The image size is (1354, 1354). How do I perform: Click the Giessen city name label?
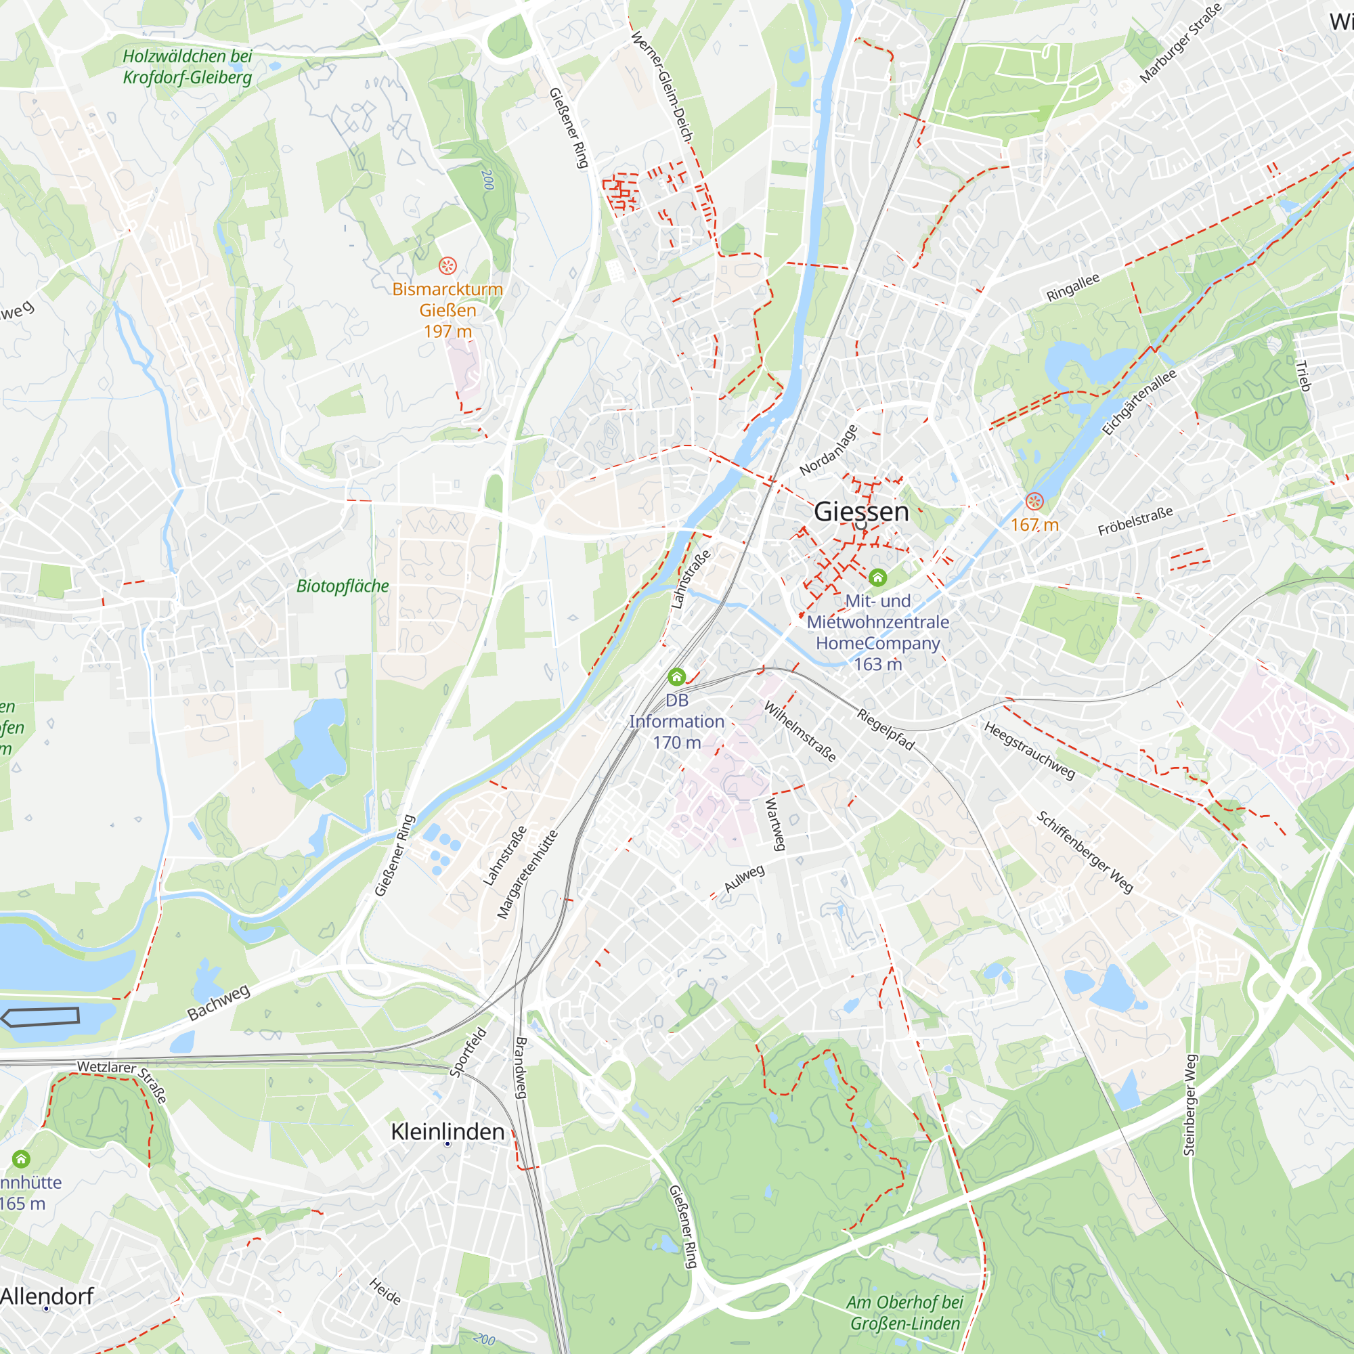coord(860,512)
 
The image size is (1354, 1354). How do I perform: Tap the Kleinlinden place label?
coord(447,1131)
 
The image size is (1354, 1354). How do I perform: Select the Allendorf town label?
coord(46,1296)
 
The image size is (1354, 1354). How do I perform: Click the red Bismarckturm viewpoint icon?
coord(447,265)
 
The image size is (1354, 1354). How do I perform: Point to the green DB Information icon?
coord(676,676)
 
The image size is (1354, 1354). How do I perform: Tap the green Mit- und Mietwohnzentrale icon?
coord(877,577)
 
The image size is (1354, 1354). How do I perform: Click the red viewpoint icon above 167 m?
coord(1034,501)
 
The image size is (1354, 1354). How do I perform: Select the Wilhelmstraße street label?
coord(800,731)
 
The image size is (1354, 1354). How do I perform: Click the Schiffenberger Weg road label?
coord(1085,852)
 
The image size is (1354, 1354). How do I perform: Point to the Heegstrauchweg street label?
coord(1029,751)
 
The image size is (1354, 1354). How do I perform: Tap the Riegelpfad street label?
coord(886,729)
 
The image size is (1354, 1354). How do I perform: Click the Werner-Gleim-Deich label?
coord(661,86)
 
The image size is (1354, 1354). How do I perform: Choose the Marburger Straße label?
coord(1181,43)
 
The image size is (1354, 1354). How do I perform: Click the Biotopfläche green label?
coord(342,586)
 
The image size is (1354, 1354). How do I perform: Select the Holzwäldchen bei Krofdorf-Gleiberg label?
coord(187,66)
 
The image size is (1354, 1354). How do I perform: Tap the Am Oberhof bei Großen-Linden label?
coord(904,1313)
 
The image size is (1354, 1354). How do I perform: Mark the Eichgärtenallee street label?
coord(1139,401)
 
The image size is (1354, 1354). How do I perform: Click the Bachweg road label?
coord(219,1002)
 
